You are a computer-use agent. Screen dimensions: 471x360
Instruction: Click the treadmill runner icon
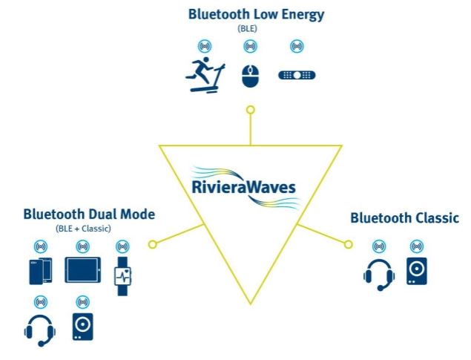[205, 75]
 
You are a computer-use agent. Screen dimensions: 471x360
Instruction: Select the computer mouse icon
[251, 76]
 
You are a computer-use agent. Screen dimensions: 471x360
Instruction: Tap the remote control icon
[297, 75]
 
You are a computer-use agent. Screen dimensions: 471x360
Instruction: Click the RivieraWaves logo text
[243, 187]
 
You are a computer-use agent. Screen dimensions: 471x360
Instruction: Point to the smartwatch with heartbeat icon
[122, 276]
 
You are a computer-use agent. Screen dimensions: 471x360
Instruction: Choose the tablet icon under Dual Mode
[83, 270]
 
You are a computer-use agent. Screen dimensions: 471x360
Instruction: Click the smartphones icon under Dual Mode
[41, 271]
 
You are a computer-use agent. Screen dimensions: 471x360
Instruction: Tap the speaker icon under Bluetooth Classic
[417, 271]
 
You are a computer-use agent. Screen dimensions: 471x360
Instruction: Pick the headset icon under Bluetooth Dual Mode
[40, 330]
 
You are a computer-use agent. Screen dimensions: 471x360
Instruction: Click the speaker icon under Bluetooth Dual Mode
[82, 327]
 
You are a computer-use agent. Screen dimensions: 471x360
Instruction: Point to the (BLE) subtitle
[247, 29]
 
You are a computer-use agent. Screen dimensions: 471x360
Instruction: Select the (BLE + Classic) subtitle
[83, 229]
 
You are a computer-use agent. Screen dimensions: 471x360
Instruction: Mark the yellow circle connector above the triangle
[251, 110]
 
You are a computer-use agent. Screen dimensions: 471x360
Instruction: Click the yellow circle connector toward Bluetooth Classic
[348, 244]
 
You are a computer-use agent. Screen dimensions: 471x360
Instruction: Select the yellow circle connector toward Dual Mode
[153, 244]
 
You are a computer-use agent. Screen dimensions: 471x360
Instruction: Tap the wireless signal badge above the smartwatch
[122, 246]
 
